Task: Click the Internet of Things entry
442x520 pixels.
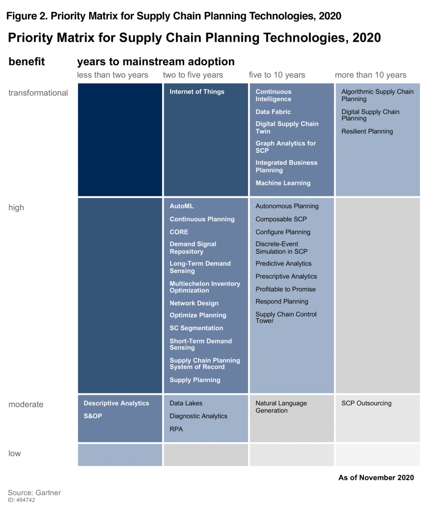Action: [x=196, y=92]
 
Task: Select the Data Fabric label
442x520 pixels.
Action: [x=273, y=112]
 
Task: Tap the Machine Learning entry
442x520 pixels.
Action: [x=283, y=183]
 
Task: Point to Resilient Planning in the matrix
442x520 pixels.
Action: [x=367, y=131]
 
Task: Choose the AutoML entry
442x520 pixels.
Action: [x=181, y=207]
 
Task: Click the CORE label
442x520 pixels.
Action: [x=179, y=232]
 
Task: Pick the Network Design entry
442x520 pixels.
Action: [x=194, y=303]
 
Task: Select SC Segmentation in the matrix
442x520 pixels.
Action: [x=196, y=328]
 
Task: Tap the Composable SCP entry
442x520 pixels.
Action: [x=281, y=219]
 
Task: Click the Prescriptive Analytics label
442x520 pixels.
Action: [x=286, y=277]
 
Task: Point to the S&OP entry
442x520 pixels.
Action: [x=93, y=416]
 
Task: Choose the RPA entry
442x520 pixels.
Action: [x=176, y=429]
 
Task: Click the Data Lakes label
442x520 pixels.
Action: [x=186, y=403]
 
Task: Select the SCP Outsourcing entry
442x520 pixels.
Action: [x=366, y=403]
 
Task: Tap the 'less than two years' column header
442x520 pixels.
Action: [x=112, y=75]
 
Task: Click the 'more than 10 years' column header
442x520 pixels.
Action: [x=370, y=75]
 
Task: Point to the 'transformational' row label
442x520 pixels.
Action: [x=38, y=93]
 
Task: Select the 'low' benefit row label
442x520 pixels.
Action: [x=15, y=453]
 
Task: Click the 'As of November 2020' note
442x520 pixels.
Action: [x=376, y=477]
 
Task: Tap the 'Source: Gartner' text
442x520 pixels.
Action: [x=34, y=493]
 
